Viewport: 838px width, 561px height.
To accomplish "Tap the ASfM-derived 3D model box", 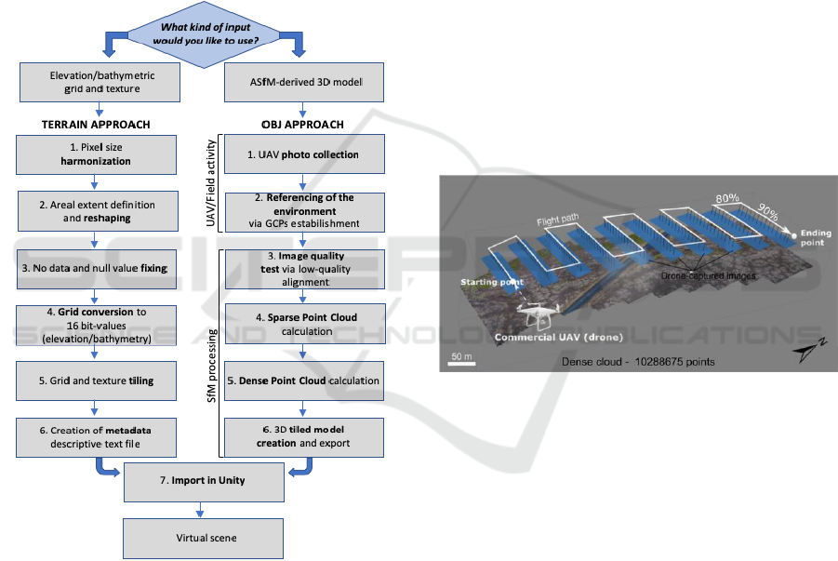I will click(305, 83).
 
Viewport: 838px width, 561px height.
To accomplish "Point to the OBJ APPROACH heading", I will click(303, 125).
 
